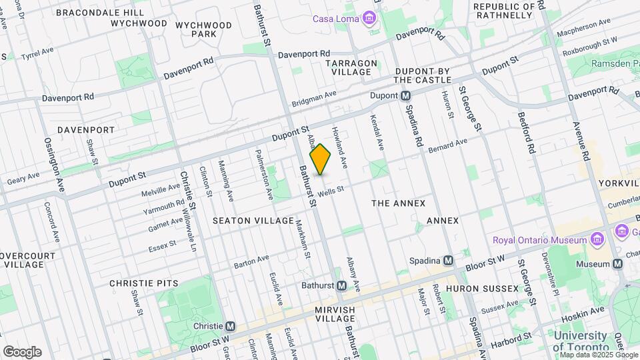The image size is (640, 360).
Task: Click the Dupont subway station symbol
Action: [405, 96]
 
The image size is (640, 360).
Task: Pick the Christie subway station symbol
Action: [231, 326]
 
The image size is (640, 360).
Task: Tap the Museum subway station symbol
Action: [618, 263]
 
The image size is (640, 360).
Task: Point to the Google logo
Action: [22, 351]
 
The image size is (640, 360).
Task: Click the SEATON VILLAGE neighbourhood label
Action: [253, 221]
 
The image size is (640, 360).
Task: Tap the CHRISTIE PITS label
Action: [144, 283]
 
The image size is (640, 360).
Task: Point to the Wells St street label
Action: [331, 191]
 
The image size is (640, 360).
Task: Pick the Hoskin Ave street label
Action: [587, 309]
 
